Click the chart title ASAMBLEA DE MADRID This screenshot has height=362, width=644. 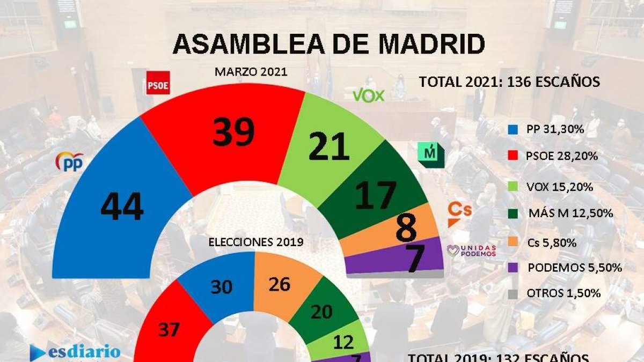pyautogui.click(x=328, y=44)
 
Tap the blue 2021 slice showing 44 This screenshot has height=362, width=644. pyautogui.click(x=122, y=206)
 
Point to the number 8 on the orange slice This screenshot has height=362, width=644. pyautogui.click(x=406, y=228)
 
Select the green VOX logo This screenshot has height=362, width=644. pyautogui.click(x=368, y=95)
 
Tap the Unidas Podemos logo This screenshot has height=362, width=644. pyautogui.click(x=471, y=250)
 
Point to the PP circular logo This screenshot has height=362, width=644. pyautogui.click(x=70, y=161)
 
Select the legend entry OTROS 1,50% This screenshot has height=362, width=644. pyautogui.click(x=556, y=293)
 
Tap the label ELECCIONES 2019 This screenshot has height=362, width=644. pyautogui.click(x=256, y=242)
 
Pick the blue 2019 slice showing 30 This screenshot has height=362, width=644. pyautogui.click(x=221, y=287)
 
